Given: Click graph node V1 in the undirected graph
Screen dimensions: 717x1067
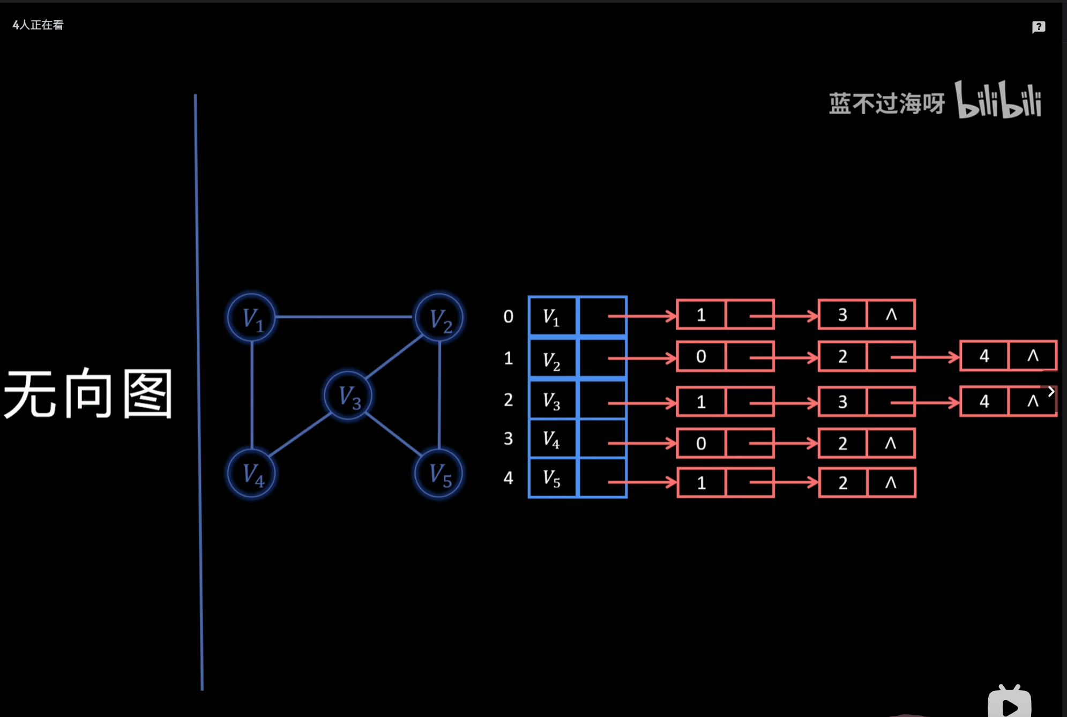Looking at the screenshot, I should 251,317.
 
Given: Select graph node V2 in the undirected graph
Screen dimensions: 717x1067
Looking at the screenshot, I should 439,317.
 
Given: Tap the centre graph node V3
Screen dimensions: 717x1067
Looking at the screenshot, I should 348,396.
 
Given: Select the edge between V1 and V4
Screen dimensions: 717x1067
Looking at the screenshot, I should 251,395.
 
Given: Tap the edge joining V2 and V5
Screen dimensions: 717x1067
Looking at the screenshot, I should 439,395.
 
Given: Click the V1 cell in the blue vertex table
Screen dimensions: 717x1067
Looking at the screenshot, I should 553,316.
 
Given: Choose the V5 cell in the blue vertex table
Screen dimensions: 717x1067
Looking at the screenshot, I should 553,477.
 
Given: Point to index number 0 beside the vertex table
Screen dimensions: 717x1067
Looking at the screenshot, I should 508,317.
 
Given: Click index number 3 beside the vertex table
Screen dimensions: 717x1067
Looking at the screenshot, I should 508,439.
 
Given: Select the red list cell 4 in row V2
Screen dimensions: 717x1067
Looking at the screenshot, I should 984,356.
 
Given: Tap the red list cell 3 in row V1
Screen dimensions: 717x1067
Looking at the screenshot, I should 842,315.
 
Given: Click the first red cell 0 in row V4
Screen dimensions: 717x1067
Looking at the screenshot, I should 701,443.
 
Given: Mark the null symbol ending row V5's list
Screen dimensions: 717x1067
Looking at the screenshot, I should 891,483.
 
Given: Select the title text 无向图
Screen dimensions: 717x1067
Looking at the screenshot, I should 88,394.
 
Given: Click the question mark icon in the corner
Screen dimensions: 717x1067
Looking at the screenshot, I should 1038,27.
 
